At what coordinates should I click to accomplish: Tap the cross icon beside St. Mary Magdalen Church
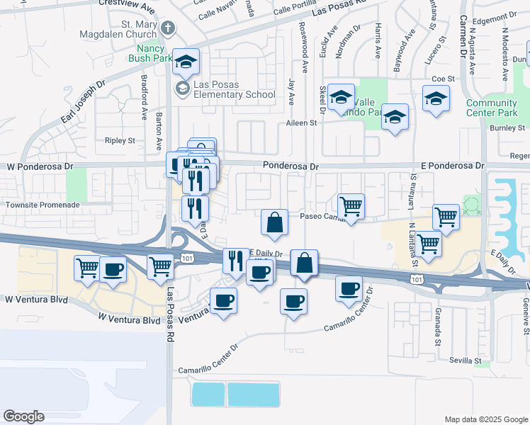(167, 29)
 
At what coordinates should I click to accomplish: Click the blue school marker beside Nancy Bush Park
(186, 62)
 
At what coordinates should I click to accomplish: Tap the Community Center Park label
(492, 108)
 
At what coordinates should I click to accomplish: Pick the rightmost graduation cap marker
(436, 99)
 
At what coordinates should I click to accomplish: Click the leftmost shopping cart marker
(87, 268)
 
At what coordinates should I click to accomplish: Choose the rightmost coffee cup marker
(348, 288)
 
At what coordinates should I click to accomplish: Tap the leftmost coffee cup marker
(113, 268)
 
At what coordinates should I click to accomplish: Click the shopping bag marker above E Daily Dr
(274, 222)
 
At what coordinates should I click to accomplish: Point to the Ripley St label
(120, 140)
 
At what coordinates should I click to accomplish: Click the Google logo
(23, 416)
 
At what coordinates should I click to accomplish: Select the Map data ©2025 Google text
(485, 419)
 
